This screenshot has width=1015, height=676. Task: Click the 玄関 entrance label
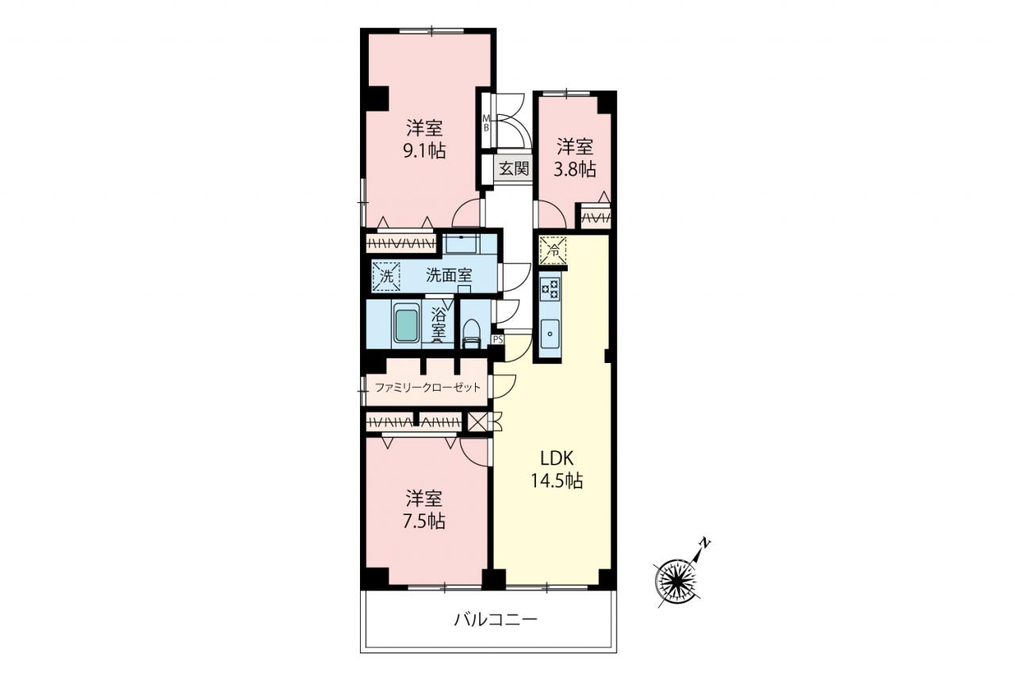click(514, 169)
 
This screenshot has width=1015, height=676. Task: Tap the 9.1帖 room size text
click(424, 151)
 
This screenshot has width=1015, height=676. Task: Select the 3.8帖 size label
click(575, 170)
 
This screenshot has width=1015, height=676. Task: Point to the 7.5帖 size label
click(424, 521)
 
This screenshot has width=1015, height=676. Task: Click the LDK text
click(557, 459)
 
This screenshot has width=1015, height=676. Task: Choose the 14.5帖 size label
click(557, 480)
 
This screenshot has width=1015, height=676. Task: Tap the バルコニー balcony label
click(496, 619)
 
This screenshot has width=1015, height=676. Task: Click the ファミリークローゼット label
click(427, 387)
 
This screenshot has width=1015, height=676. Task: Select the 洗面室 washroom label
click(449, 275)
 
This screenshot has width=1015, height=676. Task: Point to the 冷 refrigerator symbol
click(553, 250)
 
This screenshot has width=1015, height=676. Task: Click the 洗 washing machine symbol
click(386, 277)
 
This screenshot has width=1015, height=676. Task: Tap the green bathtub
click(406, 323)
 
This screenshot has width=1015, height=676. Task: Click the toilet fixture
click(472, 334)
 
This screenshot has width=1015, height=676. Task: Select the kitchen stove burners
click(550, 289)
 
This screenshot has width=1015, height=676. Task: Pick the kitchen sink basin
click(550, 334)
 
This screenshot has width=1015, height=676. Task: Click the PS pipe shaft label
click(498, 339)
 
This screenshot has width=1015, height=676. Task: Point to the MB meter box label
click(486, 123)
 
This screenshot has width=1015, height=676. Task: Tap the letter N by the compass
click(705, 542)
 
